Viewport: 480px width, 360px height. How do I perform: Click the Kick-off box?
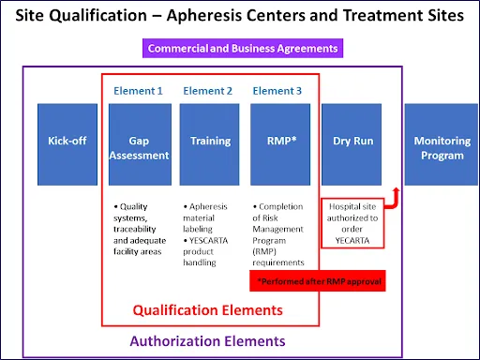point(67,142)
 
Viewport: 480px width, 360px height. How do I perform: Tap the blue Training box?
point(210,142)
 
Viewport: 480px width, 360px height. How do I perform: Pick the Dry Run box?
point(352,142)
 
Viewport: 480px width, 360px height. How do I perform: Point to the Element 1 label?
point(139,91)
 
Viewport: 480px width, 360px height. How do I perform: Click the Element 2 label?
point(208,91)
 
